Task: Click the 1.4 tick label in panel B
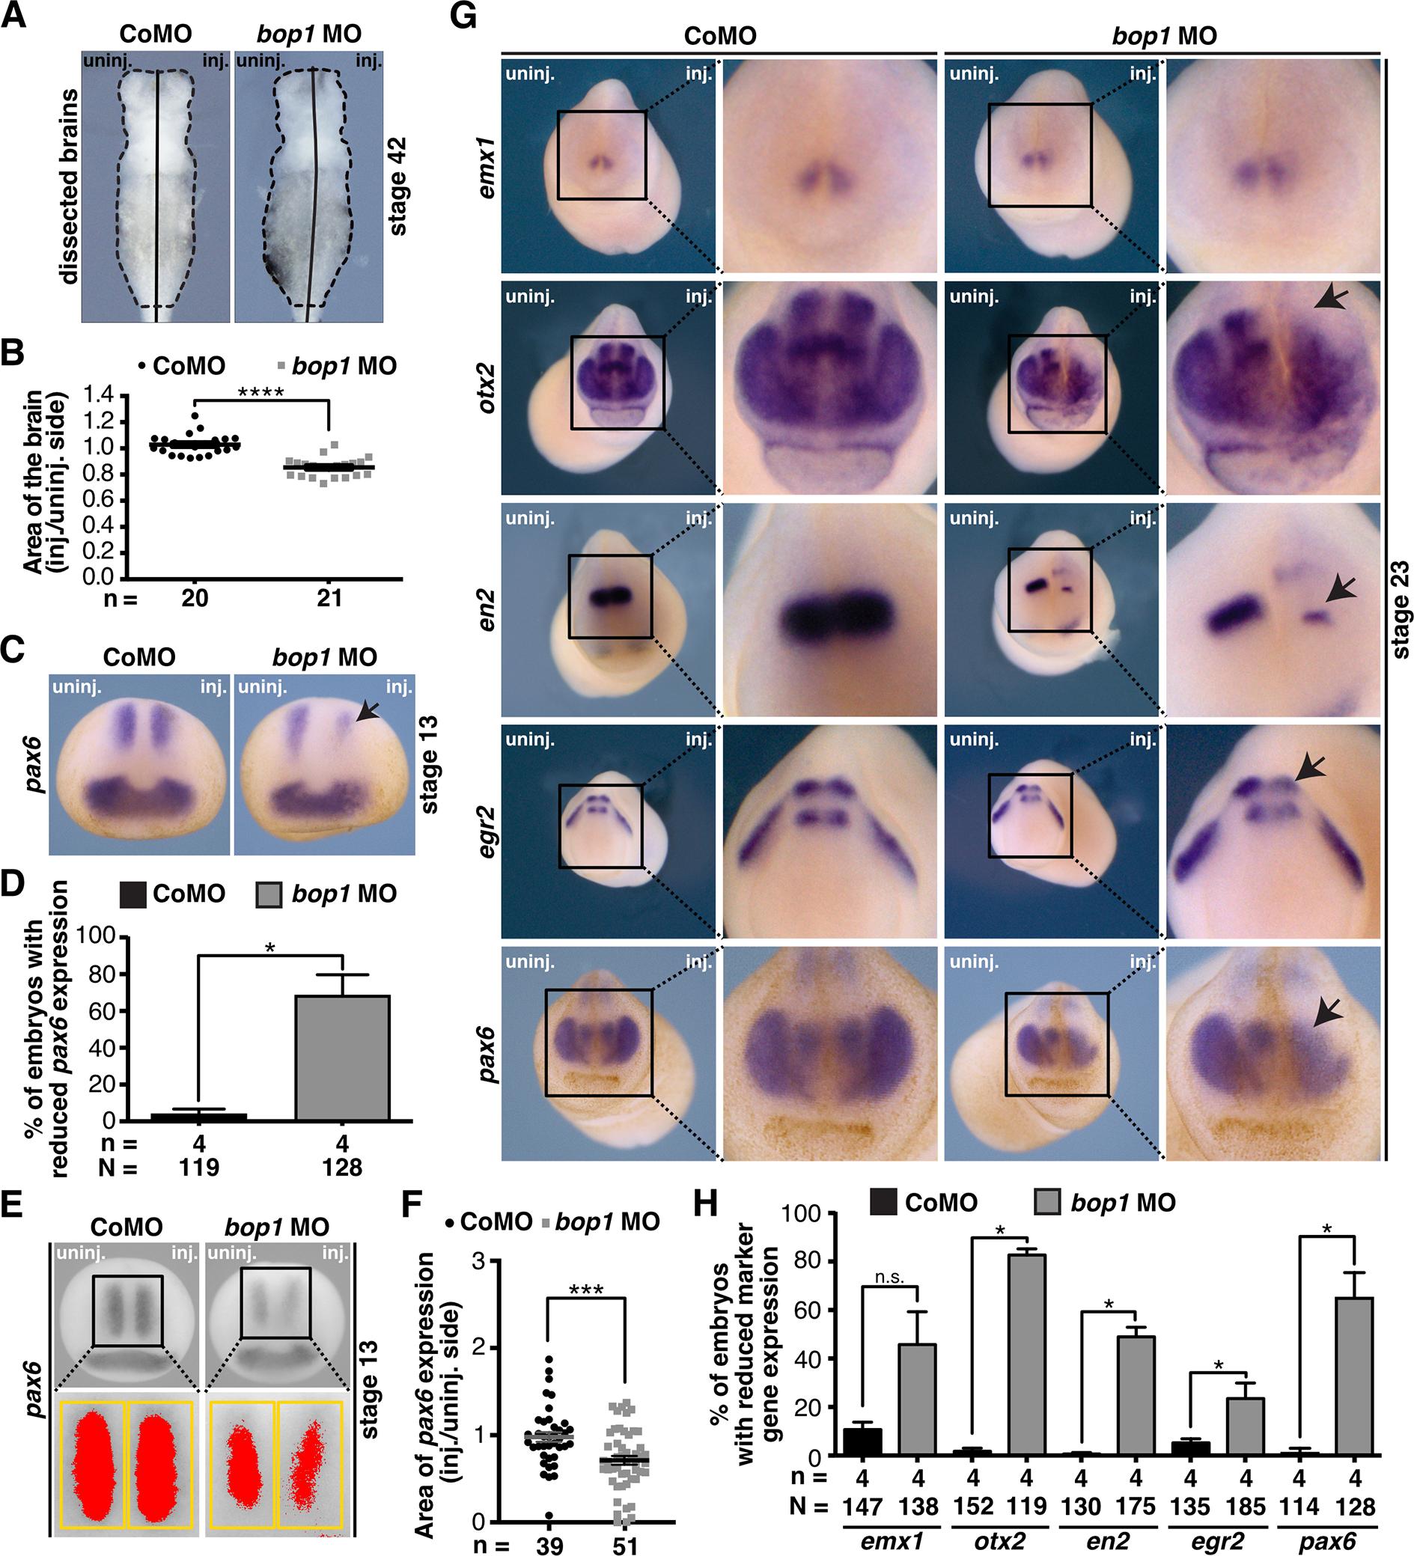(97, 395)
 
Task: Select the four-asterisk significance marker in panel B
(261, 392)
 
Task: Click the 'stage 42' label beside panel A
(397, 186)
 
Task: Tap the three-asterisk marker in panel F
(585, 1290)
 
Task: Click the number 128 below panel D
(342, 1167)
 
